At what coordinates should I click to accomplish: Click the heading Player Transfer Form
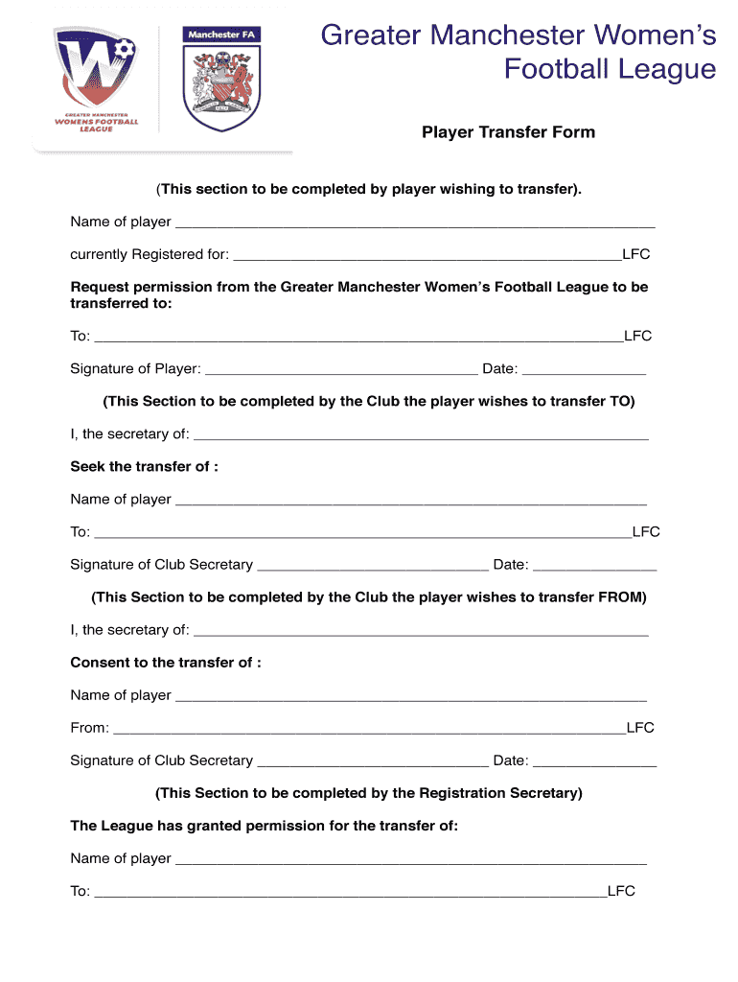(x=508, y=132)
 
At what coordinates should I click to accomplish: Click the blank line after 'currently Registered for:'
(x=427, y=256)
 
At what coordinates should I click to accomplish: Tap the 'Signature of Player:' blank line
(x=341, y=370)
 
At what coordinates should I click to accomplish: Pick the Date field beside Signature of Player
(x=584, y=370)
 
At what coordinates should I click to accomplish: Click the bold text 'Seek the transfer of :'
(x=144, y=467)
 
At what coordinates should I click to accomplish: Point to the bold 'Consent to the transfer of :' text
(x=166, y=663)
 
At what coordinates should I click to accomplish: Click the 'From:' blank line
(x=369, y=729)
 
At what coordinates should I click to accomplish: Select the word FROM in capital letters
(x=622, y=597)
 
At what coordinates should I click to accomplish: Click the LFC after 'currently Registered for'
(x=636, y=255)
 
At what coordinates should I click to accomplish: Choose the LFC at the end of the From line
(x=640, y=728)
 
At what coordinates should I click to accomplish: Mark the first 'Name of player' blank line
(x=415, y=223)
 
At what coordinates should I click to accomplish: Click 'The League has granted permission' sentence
(x=264, y=826)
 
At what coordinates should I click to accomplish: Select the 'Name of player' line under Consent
(x=410, y=696)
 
